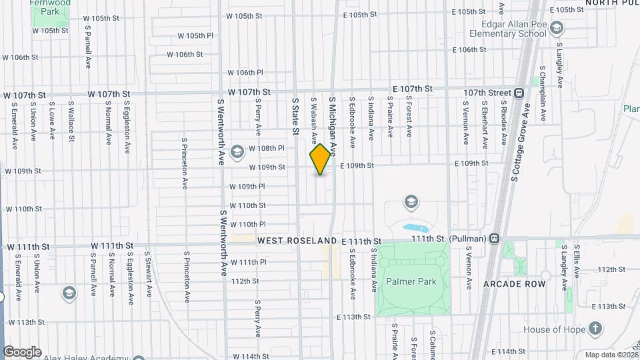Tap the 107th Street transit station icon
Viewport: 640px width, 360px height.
click(519, 93)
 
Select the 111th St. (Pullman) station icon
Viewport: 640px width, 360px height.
click(495, 239)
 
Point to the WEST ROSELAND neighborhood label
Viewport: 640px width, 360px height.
click(297, 240)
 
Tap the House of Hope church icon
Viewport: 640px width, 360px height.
click(595, 329)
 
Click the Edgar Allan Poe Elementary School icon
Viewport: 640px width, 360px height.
click(557, 28)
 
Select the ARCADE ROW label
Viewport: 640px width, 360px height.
click(520, 284)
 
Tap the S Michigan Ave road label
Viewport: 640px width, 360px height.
click(333, 124)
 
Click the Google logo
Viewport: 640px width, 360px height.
click(22, 352)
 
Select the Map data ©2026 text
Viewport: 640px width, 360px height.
click(611, 355)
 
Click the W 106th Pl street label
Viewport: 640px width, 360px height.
click(245, 73)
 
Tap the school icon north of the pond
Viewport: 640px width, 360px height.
click(411, 201)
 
